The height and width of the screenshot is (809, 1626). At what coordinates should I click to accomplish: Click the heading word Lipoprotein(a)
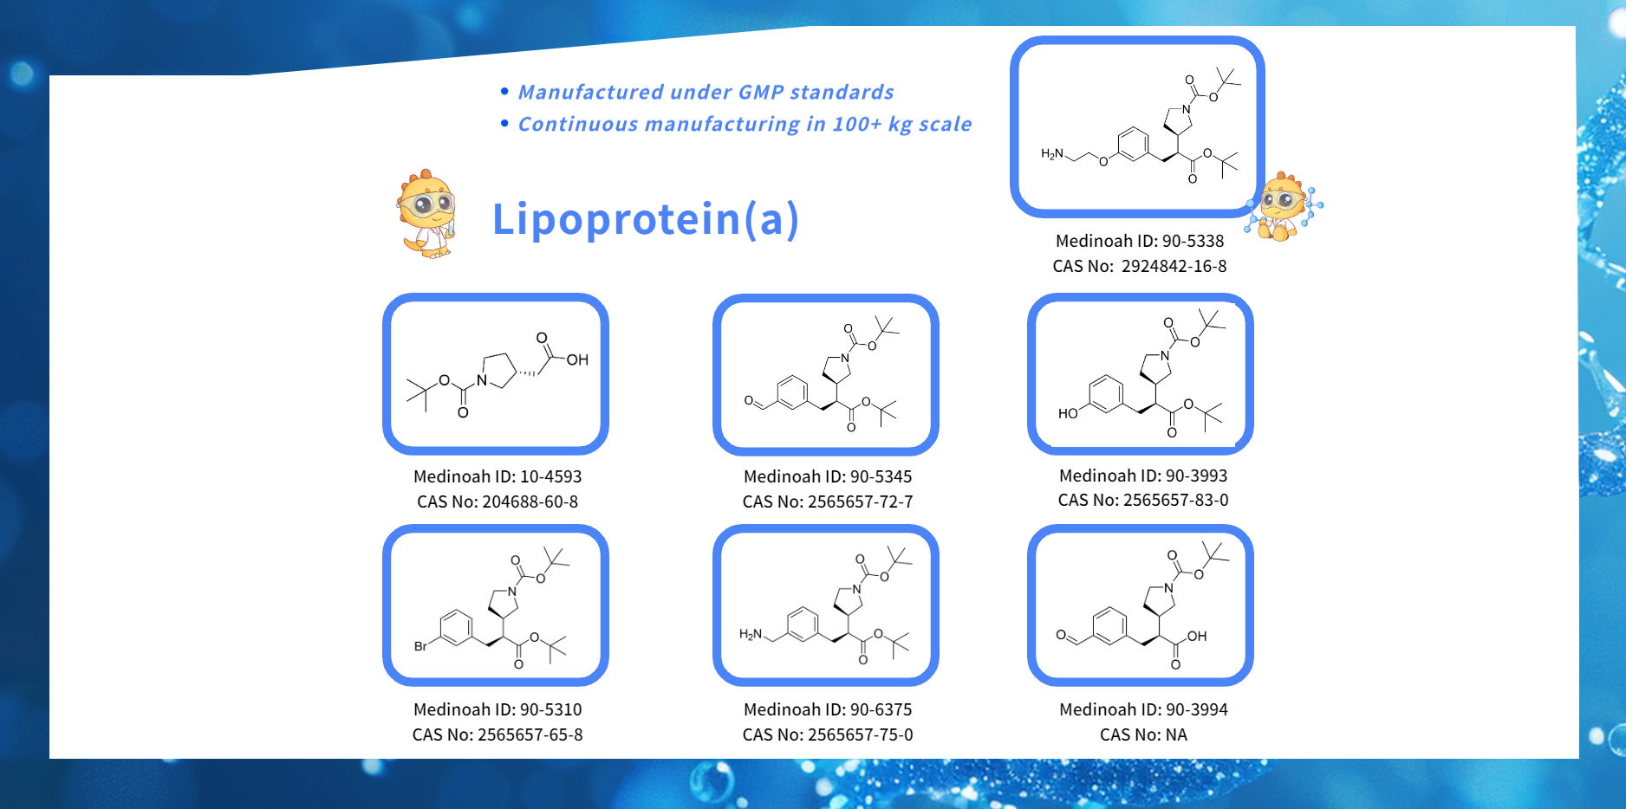[x=646, y=219]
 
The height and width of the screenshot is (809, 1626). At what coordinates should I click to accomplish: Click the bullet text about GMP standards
[x=706, y=93]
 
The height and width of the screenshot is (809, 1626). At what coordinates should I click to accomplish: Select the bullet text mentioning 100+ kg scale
[x=745, y=125]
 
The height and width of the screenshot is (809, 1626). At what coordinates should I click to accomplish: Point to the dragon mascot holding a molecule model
[x=1284, y=207]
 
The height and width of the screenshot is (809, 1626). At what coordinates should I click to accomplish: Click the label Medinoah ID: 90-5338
[x=1139, y=242]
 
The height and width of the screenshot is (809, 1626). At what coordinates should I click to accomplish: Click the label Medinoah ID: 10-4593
[x=497, y=477]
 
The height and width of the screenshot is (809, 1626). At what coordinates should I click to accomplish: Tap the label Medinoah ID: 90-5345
[x=827, y=477]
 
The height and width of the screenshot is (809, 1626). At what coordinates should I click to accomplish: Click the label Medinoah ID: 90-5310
[x=497, y=710]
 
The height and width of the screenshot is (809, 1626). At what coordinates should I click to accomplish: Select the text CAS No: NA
[x=1142, y=735]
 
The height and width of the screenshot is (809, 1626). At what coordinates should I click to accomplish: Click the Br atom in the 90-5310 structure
[x=420, y=646]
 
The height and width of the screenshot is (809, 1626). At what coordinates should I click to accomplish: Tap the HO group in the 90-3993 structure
[x=1067, y=414]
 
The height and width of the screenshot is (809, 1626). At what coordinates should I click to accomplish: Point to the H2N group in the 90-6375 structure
[x=750, y=635]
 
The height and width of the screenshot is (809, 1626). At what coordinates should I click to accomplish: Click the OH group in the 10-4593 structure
[x=577, y=360]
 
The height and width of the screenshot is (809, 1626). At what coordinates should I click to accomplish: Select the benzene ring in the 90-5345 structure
[x=792, y=392]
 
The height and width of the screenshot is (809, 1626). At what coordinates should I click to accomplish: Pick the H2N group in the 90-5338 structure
[x=1051, y=154]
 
